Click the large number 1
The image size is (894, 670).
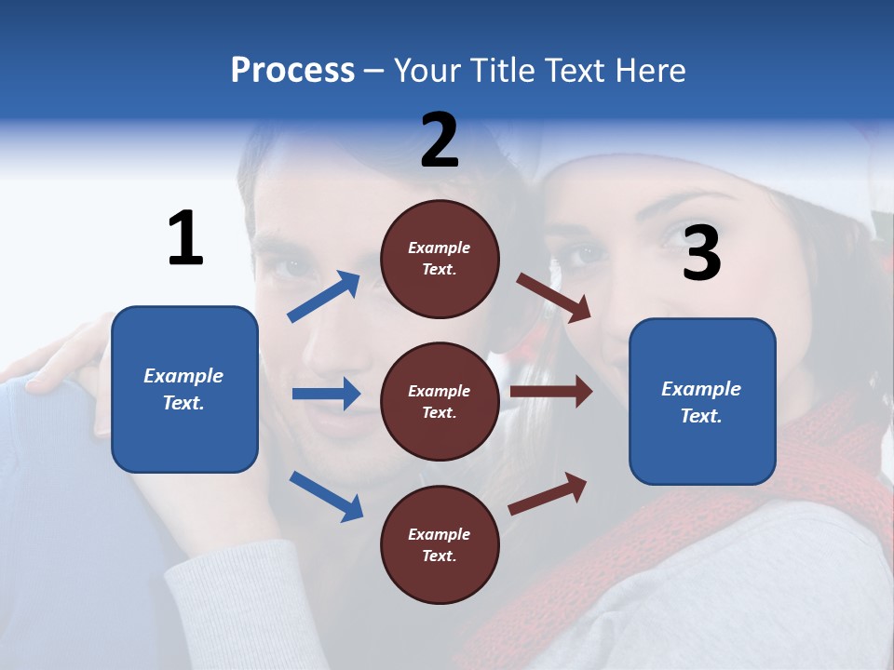185,239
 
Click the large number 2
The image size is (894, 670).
440,141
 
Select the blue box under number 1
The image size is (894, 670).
184,389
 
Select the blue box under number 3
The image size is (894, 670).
702,401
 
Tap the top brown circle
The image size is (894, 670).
440,258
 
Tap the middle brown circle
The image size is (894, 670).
440,401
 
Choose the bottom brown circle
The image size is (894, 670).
440,544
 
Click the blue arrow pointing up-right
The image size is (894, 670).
324,297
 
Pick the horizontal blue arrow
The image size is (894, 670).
326,394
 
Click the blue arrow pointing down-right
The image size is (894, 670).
326,496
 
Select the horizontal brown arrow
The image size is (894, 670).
551,392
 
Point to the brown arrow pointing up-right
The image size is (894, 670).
548,493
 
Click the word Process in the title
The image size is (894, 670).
292,70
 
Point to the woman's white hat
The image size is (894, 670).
838,186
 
